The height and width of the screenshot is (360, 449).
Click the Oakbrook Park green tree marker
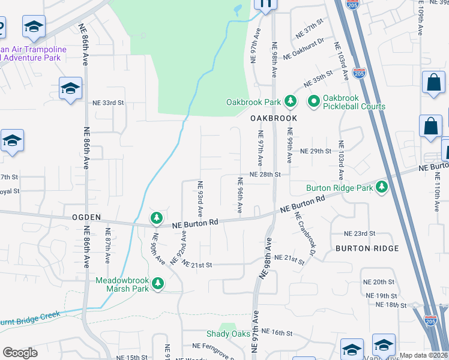tap(291, 101)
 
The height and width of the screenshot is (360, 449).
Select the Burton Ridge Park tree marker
tap(381, 188)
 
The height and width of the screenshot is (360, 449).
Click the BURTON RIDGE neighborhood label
tap(367, 248)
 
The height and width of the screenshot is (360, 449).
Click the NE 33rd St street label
tap(108, 103)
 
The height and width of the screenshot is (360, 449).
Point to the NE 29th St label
tap(316, 151)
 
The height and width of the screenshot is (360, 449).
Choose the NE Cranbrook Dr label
tap(305, 233)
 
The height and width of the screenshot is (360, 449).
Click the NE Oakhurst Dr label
tap(303, 49)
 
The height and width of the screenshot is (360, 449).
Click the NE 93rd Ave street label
tap(200, 199)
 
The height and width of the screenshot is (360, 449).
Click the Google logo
tap(20, 353)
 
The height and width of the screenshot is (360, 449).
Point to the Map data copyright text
tap(423, 355)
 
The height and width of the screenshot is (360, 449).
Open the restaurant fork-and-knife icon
tap(265, 4)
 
